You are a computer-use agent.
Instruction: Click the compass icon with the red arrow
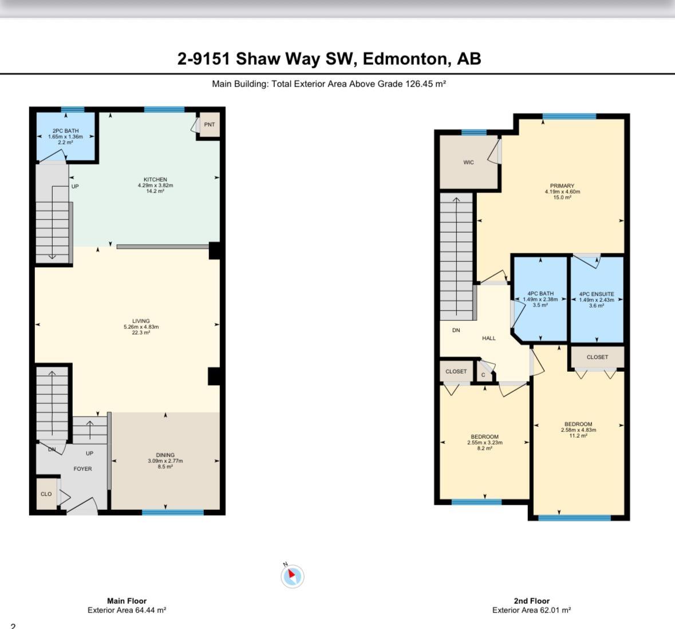pyautogui.click(x=293, y=576)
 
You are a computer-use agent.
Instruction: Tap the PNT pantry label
pyautogui.click(x=209, y=124)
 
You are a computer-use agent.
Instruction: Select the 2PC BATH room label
pyautogui.click(x=65, y=131)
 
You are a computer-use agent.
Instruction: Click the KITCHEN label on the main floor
pyautogui.click(x=155, y=179)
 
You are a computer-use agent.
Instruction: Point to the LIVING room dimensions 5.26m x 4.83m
pyautogui.click(x=141, y=327)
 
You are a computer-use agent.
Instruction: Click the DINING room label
pyautogui.click(x=165, y=455)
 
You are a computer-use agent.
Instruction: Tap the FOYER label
pyautogui.click(x=82, y=469)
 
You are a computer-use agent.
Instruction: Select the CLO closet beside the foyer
pyautogui.click(x=46, y=494)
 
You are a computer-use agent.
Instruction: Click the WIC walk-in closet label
pyautogui.click(x=468, y=163)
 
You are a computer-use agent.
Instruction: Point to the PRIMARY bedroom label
pyautogui.click(x=562, y=186)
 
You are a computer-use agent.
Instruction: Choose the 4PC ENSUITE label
pyautogui.click(x=597, y=294)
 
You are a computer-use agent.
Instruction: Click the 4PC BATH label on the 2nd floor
pyautogui.click(x=540, y=293)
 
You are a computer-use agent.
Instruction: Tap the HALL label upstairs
pyautogui.click(x=488, y=338)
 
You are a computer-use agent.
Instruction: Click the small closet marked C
pyautogui.click(x=483, y=375)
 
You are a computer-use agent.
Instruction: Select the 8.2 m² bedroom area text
pyautogui.click(x=485, y=448)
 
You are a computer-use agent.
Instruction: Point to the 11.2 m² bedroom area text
pyautogui.click(x=578, y=435)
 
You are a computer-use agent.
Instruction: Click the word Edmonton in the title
pyautogui.click(x=405, y=58)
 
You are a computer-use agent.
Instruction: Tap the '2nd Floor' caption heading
pyautogui.click(x=532, y=600)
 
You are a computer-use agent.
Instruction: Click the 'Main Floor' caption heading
pyautogui.click(x=127, y=600)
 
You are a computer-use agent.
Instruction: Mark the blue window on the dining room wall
pyautogui.click(x=173, y=512)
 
